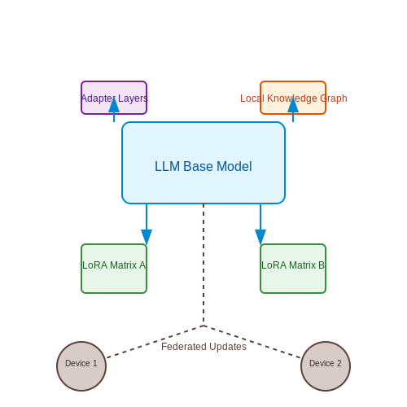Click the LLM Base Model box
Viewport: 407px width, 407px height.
[203, 163]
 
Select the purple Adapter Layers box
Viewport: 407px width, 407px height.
[114, 98]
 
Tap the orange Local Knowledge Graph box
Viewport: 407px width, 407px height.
[293, 98]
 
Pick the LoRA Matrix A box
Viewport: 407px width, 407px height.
[114, 269]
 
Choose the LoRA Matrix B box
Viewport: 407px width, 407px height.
[293, 269]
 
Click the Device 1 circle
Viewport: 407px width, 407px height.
[81, 366]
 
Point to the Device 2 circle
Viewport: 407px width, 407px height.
[326, 366]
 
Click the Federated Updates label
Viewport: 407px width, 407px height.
[203, 347]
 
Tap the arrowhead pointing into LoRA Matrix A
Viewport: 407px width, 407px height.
[147, 237]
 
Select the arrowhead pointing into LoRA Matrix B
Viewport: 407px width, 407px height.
[260, 237]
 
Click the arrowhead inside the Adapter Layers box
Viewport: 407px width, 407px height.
[114, 105]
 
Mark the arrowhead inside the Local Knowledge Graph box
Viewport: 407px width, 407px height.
[293, 105]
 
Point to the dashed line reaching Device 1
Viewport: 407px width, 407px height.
[155, 342]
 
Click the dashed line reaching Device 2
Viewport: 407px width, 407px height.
[252, 342]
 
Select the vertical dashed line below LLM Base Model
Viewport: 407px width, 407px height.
[203, 265]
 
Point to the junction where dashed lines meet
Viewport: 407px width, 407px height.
[203, 326]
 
